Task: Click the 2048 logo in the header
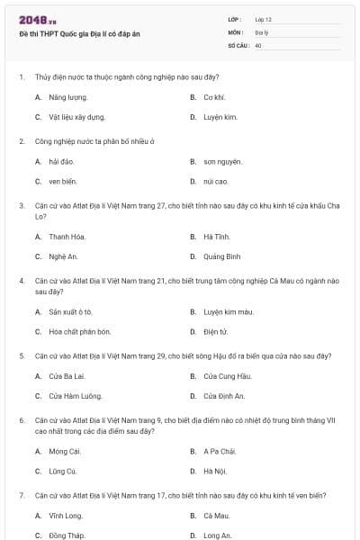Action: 37,19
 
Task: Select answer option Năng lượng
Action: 67,96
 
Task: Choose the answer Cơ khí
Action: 213,96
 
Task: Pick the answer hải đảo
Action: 61,161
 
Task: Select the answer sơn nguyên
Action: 222,161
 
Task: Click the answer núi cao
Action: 215,181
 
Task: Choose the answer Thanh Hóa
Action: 67,237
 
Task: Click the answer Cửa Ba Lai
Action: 67,375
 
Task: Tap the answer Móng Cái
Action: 65,451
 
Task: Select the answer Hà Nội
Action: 214,471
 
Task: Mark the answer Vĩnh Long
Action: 66,516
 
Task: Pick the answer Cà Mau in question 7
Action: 216,516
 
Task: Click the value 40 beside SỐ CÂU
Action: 258,44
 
